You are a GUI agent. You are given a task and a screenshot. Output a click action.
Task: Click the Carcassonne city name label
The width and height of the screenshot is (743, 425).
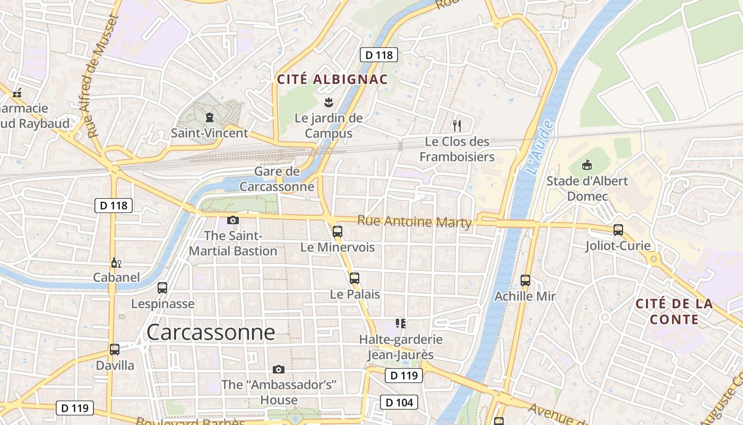[x=211, y=333]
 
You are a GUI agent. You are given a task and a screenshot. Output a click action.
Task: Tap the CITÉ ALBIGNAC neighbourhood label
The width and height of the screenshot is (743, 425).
[x=333, y=80]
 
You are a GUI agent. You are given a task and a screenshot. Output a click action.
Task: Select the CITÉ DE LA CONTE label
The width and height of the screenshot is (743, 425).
[x=674, y=311]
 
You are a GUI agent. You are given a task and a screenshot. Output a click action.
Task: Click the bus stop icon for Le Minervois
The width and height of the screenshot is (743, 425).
[x=338, y=231]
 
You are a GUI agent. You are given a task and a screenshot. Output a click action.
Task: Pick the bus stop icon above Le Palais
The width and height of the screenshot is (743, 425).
[x=355, y=278]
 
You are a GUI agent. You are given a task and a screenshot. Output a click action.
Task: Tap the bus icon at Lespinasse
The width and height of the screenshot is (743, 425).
[x=162, y=288]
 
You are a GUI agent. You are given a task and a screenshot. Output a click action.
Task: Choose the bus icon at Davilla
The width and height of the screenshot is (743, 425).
[x=115, y=350]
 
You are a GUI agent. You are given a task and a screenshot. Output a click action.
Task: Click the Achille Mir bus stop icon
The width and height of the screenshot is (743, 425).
[x=525, y=280]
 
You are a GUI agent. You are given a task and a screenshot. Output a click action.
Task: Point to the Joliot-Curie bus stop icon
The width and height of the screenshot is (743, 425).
[x=618, y=230]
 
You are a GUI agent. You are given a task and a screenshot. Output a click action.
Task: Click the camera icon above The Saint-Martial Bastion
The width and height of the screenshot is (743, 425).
[x=233, y=220]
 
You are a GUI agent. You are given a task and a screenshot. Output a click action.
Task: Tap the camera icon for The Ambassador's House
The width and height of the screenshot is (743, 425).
[x=279, y=369]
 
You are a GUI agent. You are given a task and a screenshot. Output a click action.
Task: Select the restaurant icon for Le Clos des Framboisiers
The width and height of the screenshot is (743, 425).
[x=457, y=126]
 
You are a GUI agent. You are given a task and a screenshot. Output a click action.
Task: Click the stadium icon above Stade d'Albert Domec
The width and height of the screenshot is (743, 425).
[x=587, y=165]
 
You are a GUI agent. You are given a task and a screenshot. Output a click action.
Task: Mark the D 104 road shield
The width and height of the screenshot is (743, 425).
[x=399, y=402]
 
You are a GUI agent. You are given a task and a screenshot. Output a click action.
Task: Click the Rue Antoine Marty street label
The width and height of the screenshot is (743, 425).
[x=414, y=221]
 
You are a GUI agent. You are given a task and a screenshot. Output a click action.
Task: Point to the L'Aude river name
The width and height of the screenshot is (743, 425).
[x=540, y=149]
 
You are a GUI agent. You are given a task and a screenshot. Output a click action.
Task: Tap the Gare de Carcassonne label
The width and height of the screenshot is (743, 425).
[x=277, y=179]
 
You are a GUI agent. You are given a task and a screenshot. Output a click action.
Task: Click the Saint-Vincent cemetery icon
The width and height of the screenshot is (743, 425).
[x=209, y=117]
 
